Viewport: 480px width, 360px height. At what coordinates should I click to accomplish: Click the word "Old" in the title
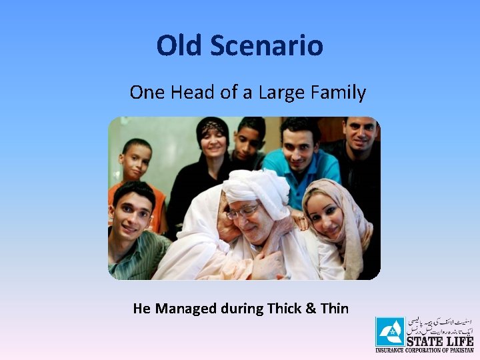coord(179,45)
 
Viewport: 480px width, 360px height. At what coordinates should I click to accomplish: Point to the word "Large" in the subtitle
coord(282,92)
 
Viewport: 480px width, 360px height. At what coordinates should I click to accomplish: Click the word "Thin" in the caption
coord(334,308)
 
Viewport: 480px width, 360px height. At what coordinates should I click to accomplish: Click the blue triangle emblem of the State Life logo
coord(389,331)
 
